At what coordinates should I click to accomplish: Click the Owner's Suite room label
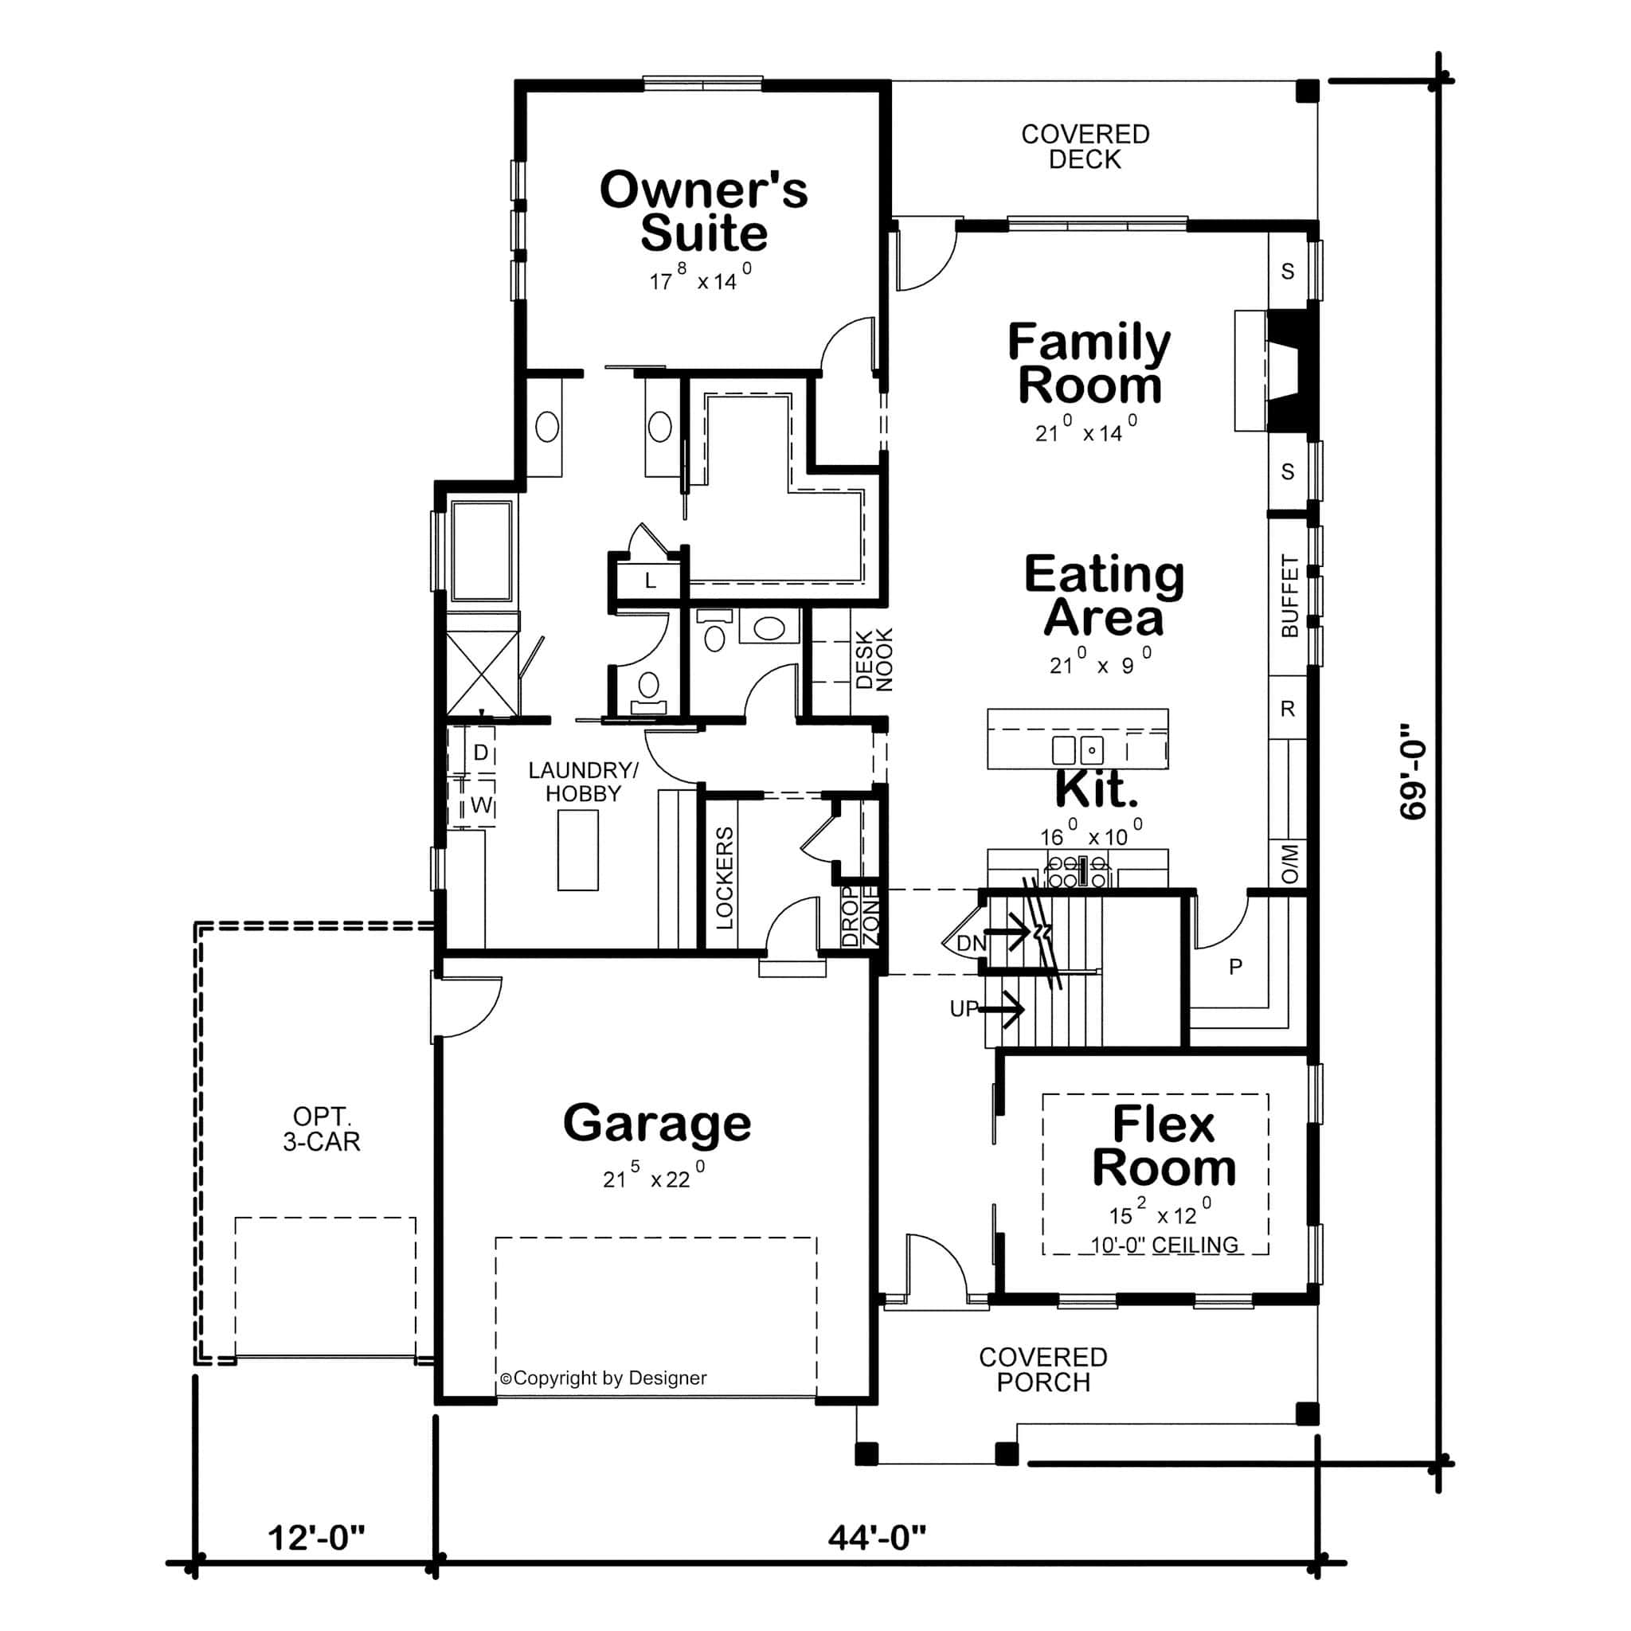point(703,211)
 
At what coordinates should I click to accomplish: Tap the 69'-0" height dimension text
point(1412,770)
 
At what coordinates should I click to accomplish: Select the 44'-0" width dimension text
point(876,1537)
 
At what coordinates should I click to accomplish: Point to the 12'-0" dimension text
point(315,1537)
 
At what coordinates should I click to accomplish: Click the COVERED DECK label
point(1085,146)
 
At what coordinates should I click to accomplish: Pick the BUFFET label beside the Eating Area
point(1289,596)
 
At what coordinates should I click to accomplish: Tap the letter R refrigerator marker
point(1288,708)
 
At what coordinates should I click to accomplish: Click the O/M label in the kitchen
point(1289,863)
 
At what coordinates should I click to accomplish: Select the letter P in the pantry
point(1236,967)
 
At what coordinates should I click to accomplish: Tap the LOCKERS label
point(725,878)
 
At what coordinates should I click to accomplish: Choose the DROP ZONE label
point(861,917)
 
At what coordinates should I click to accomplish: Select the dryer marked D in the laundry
point(480,752)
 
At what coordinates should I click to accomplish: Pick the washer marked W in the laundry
point(480,804)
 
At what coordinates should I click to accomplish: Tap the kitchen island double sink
point(1078,749)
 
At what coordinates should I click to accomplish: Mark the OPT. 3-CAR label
point(321,1128)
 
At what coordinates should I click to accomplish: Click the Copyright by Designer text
point(603,1378)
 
